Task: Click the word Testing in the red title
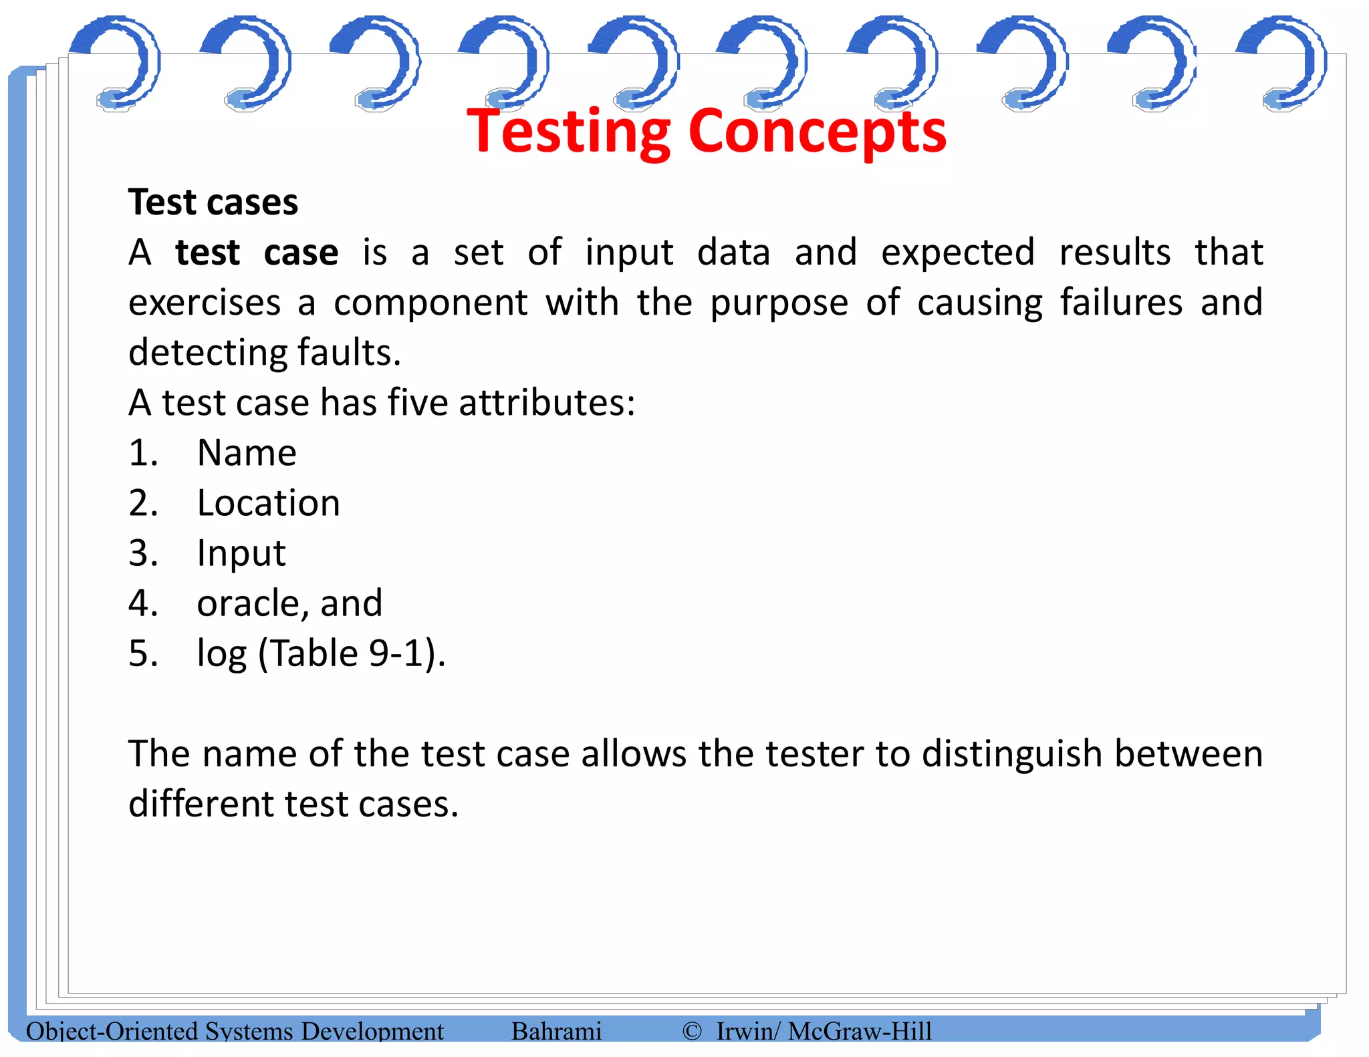click(x=568, y=132)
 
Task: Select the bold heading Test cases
click(x=213, y=202)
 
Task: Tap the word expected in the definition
click(x=958, y=253)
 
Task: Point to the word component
click(x=431, y=303)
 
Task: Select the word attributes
click(x=546, y=403)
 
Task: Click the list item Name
click(x=247, y=453)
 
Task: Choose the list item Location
click(x=268, y=503)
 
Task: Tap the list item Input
click(x=241, y=554)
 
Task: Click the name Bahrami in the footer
click(x=556, y=1031)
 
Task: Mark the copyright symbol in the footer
click(x=692, y=1031)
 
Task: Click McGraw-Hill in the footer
click(x=860, y=1031)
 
